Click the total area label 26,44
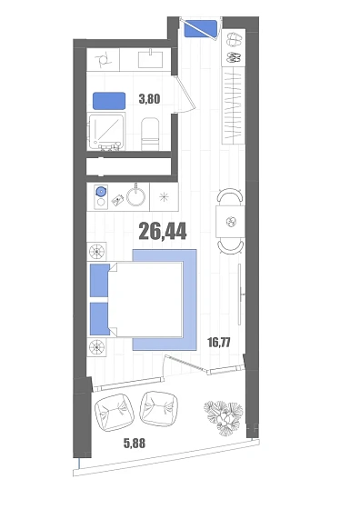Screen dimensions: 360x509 163,231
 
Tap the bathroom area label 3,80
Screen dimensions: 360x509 149,99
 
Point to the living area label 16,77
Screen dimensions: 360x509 219,342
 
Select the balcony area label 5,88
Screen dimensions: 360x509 135,444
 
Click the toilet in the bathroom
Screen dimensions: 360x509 150,135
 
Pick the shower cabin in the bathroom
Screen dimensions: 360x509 106,132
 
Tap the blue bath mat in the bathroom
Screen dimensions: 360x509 109,101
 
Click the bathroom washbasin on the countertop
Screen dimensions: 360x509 151,59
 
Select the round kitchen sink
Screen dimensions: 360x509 136,195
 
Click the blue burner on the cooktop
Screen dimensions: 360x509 101,192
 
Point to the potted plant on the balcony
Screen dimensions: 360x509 224,417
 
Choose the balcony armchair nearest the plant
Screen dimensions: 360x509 159,408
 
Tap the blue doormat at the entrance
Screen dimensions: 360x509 201,29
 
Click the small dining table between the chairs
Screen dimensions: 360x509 231,223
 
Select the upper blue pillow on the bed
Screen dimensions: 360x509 100,281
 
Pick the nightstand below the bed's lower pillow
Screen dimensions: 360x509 96,347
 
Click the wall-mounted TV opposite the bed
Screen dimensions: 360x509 240,294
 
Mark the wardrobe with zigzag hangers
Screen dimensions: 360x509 234,105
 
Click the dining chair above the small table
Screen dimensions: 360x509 231,196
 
